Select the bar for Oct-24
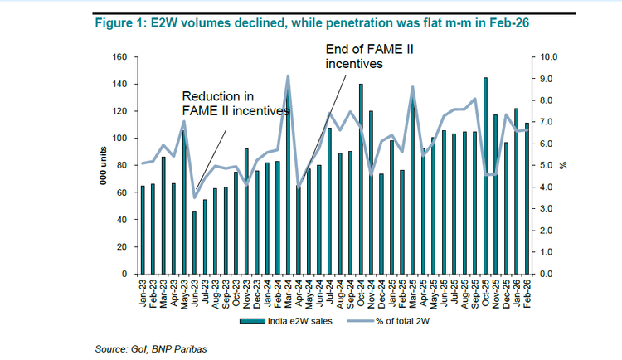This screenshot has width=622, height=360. (361, 179)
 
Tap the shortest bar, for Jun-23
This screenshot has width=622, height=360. (195, 242)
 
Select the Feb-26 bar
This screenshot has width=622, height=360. (526, 198)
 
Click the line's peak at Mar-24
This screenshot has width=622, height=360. (288, 76)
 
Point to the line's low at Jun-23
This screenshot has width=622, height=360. (195, 197)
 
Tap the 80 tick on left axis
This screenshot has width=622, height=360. (121, 166)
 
